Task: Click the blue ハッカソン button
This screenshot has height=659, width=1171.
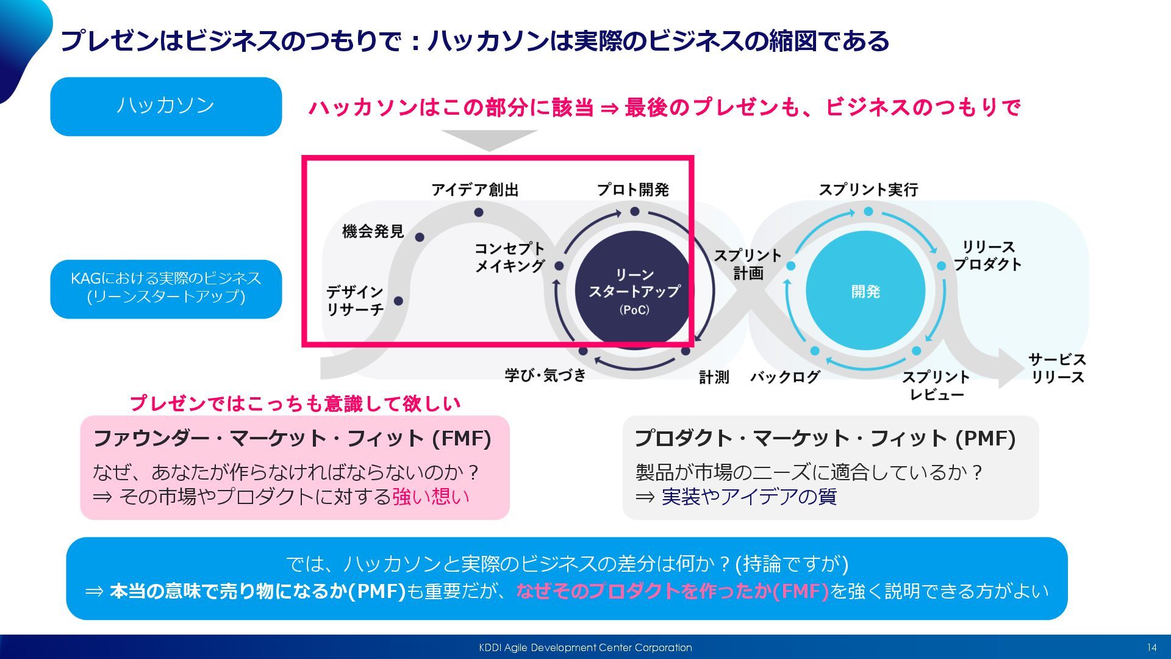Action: coord(165,106)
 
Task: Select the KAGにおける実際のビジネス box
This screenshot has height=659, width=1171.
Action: coord(165,289)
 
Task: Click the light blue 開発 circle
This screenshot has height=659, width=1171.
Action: coord(865,291)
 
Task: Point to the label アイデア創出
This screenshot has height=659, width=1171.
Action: coord(474,190)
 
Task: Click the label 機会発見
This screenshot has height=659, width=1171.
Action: coord(373,231)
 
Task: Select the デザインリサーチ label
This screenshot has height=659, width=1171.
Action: coord(355,300)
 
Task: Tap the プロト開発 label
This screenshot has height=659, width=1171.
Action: coord(632,190)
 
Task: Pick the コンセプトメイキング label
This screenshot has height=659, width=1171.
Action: coord(510,257)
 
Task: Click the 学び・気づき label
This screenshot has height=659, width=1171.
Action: coord(545,375)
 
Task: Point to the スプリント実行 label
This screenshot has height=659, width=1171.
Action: coord(868,190)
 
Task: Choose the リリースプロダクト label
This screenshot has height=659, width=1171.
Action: coord(988,256)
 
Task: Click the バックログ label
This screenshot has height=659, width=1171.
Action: coord(785,377)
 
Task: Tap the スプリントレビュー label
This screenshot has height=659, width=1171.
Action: coord(936,386)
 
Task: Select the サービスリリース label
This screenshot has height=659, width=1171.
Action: coord(1057,368)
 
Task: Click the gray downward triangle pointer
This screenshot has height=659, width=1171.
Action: coord(489,140)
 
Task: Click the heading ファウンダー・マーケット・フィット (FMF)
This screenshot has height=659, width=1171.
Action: coord(292,438)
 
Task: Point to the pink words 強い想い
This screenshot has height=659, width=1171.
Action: coord(431,497)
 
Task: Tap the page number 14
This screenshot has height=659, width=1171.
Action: coord(1151,647)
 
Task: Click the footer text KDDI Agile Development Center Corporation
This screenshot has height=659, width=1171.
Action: coord(585,647)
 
